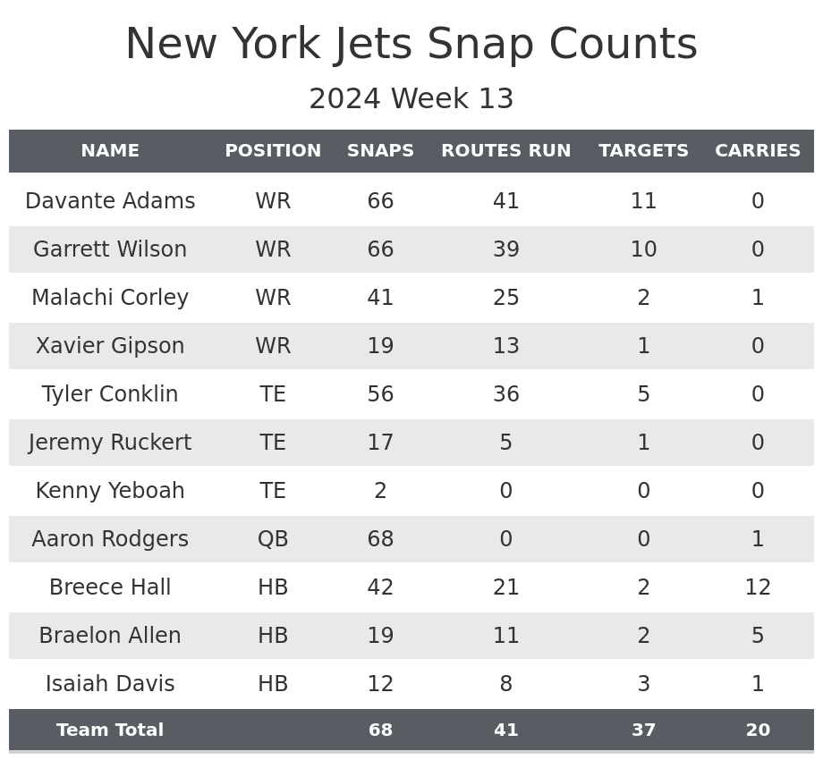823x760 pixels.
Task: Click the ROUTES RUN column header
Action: [x=505, y=151]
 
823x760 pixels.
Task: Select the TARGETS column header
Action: [x=643, y=151]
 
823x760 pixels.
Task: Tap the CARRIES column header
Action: [x=758, y=151]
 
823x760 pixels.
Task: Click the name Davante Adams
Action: [x=110, y=201]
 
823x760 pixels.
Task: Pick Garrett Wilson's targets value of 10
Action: [x=643, y=249]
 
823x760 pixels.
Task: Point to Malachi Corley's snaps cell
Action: [x=380, y=298]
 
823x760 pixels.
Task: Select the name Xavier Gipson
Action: [x=110, y=346]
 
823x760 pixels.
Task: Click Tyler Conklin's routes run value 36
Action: [x=505, y=394]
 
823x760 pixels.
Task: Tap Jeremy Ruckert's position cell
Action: [x=273, y=443]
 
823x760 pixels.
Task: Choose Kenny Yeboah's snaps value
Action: [x=380, y=491]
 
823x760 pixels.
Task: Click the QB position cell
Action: [x=273, y=539]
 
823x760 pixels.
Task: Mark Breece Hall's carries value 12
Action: [x=758, y=587]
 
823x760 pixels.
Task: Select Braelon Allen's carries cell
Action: [x=758, y=636]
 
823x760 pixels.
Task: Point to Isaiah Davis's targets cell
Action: [x=643, y=684]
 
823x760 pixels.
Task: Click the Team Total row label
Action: [x=110, y=730]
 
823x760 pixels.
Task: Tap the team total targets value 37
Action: [x=643, y=730]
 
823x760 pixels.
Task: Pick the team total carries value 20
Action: [x=758, y=730]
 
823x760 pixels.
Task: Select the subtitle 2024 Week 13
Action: [x=411, y=99]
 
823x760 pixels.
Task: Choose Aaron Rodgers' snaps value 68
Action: [x=380, y=539]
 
